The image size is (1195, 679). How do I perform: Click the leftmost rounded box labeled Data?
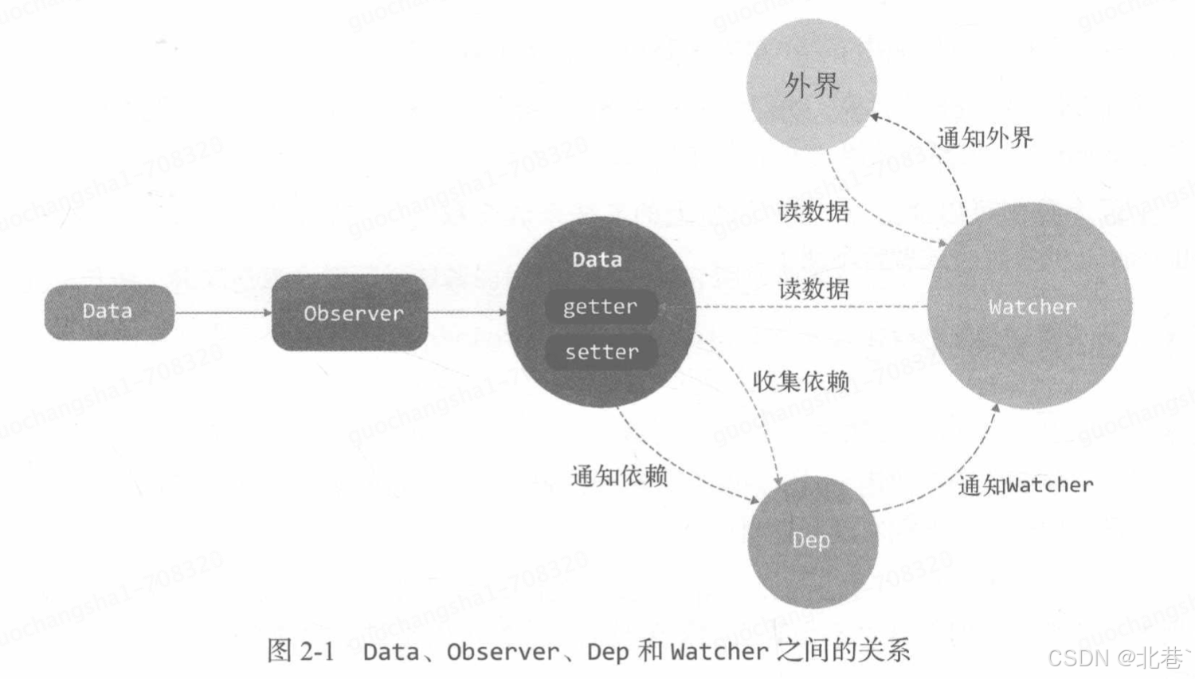point(108,312)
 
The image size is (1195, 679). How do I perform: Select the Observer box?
point(350,312)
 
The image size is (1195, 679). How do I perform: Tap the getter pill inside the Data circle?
point(601,307)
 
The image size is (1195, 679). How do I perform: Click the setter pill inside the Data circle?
point(601,351)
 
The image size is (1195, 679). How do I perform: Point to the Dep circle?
point(812,541)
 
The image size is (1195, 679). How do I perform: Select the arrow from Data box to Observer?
point(222,312)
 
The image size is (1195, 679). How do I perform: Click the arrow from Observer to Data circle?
point(467,312)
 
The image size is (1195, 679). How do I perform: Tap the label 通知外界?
point(985,138)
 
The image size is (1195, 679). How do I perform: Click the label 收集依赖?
point(801,381)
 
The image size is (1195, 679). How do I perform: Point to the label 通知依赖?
point(619,476)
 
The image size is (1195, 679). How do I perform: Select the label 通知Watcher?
point(1025,485)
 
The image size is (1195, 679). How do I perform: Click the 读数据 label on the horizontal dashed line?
point(813,288)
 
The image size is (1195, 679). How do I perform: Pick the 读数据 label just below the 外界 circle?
point(813,211)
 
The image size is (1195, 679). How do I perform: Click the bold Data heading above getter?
point(597,260)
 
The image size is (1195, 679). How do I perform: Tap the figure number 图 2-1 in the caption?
point(300,650)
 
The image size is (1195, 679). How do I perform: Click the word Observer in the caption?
point(503,652)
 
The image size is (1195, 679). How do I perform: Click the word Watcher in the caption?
point(719,652)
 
